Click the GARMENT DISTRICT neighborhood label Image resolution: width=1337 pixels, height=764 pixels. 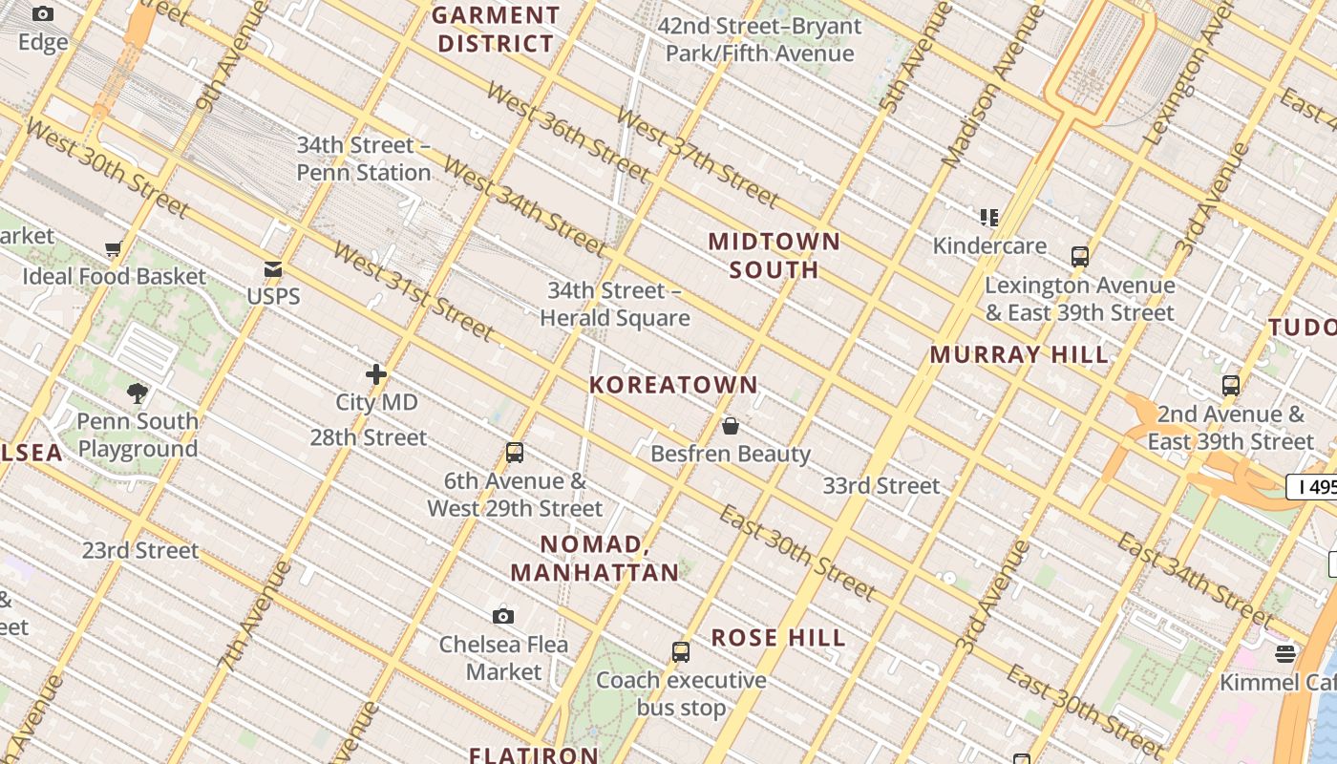495,30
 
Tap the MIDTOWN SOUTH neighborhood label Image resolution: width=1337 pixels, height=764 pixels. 774,255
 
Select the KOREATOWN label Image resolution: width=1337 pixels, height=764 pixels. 673,385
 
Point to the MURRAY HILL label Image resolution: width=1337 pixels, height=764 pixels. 1019,354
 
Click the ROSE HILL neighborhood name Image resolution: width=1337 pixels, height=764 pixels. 778,638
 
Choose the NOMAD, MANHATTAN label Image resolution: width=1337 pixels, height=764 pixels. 595,559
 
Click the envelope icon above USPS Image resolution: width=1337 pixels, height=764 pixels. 273,269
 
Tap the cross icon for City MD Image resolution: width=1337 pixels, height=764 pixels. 376,374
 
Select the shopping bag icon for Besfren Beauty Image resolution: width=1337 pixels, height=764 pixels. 731,426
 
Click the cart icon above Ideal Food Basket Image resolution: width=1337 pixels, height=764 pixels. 114,249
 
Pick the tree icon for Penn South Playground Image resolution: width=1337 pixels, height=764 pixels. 138,393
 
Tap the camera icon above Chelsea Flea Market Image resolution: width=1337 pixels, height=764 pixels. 503,616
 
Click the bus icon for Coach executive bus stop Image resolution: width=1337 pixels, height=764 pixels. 681,652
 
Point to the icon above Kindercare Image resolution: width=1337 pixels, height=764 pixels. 989,218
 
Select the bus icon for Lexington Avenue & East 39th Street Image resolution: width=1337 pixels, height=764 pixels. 1080,257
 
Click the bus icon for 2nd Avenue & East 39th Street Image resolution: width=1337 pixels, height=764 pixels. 1231,386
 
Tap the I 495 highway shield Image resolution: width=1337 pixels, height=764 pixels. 1313,487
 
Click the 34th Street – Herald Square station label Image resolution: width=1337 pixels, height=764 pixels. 614,305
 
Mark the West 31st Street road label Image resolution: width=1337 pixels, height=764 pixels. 413,290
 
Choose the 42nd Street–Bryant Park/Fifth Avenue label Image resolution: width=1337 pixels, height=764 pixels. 759,40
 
